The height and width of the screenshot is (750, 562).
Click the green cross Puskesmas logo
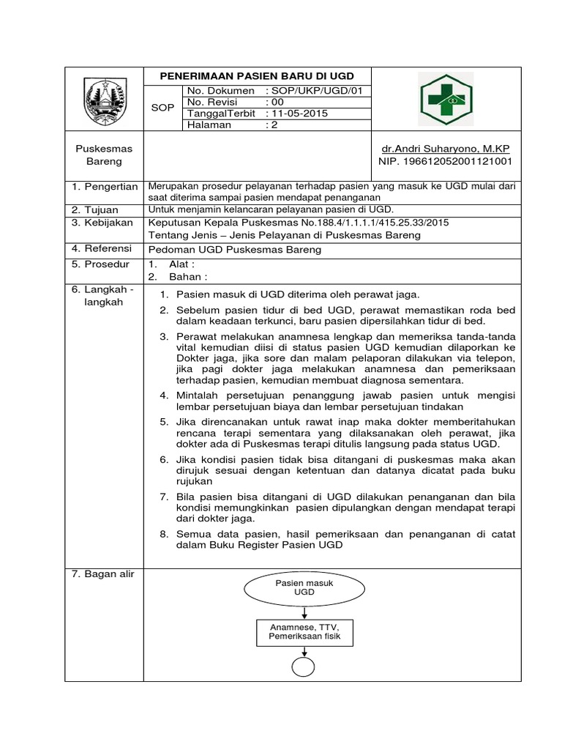[x=446, y=99]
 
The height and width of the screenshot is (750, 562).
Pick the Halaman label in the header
[x=209, y=125]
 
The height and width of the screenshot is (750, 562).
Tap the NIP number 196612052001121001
[x=445, y=160]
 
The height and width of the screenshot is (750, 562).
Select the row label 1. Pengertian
[x=105, y=187]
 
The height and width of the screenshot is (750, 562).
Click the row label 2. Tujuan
[x=95, y=209]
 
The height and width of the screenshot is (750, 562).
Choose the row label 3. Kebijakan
[x=102, y=222]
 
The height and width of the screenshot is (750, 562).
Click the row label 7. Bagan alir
[x=103, y=574]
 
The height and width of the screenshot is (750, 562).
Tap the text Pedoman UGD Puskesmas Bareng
[x=234, y=250]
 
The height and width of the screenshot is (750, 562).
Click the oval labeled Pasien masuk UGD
[x=304, y=587]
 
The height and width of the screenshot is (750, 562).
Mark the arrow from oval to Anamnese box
[x=304, y=611]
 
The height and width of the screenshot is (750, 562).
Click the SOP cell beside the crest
[x=162, y=108]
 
